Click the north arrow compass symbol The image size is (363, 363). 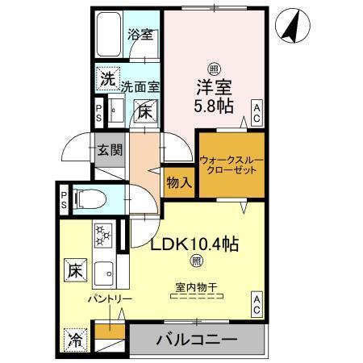point(293,27)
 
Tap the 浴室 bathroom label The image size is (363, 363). point(142,35)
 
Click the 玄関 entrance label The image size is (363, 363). point(110,150)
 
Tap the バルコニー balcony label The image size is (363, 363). point(195,340)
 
